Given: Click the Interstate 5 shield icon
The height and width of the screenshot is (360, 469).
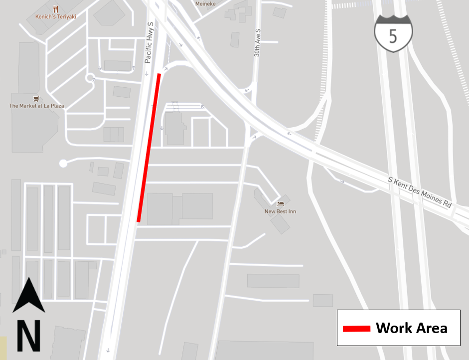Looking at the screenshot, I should click(393, 33).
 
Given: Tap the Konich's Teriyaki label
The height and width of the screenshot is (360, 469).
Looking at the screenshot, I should click(55, 16).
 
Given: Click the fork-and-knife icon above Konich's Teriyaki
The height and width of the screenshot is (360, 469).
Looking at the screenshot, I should click(55, 8).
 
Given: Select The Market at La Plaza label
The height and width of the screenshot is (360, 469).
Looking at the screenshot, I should click(36, 106).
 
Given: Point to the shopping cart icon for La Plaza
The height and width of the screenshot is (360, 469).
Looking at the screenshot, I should click(36, 98).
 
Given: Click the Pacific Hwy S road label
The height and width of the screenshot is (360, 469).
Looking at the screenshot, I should click(149, 42).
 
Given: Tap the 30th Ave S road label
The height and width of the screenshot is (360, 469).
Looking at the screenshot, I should click(257, 43).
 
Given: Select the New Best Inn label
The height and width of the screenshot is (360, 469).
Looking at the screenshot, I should click(280, 211).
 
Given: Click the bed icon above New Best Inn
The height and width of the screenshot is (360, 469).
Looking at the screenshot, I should click(280, 204).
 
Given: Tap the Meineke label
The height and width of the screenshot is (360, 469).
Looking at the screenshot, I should click(205, 3).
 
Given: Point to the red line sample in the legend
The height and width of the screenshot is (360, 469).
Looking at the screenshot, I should click(356, 328).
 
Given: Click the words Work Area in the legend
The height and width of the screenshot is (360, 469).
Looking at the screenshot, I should click(411, 328).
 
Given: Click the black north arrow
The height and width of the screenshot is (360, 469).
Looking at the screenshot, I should click(29, 295).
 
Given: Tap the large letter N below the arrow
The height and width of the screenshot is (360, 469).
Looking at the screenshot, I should click(29, 336).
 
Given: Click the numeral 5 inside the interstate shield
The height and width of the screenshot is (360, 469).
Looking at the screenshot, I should click(393, 36).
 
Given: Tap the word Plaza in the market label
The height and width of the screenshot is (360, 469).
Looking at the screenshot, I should click(55, 106).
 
